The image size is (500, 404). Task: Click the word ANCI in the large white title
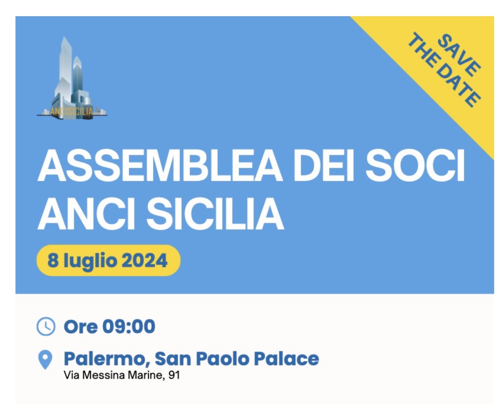tap(86, 214)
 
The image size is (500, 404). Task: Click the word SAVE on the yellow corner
tap(458, 55)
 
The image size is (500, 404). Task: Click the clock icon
tap(46, 326)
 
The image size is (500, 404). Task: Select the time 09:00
tap(129, 326)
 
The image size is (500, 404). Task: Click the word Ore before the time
tap(80, 326)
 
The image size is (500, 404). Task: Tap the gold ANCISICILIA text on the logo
tap(72, 111)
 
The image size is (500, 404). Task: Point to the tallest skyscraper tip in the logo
tap(65, 37)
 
